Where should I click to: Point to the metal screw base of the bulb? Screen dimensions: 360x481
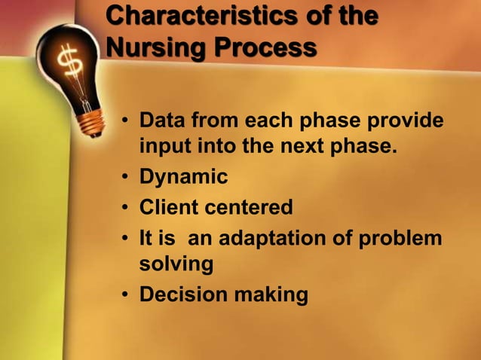pos(91,121)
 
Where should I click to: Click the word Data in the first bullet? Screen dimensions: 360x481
pos(164,121)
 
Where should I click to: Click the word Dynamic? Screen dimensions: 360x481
pos(183,178)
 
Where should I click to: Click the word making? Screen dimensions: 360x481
pos(272,294)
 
